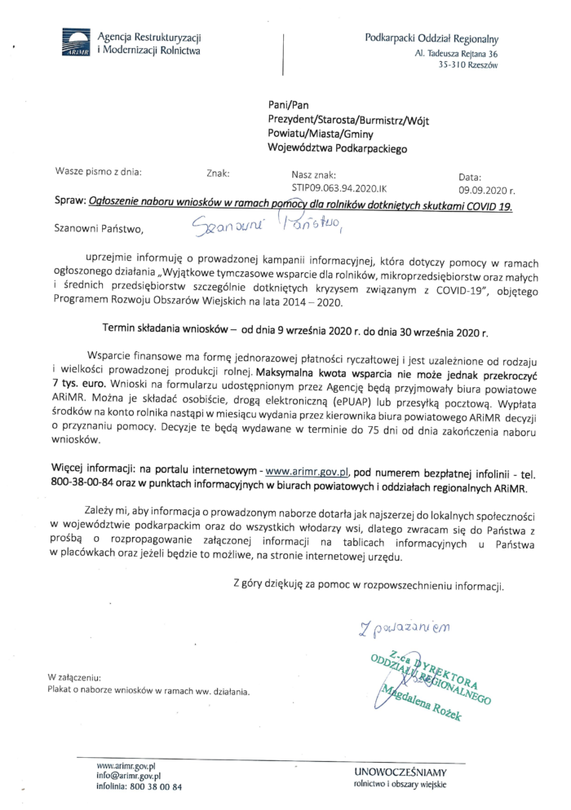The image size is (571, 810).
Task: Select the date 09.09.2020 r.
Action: point(483,187)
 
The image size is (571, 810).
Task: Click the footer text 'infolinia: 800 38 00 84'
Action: point(139,786)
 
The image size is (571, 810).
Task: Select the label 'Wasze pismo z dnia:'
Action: point(97,172)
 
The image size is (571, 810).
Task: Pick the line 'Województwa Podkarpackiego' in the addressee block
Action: point(337,149)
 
